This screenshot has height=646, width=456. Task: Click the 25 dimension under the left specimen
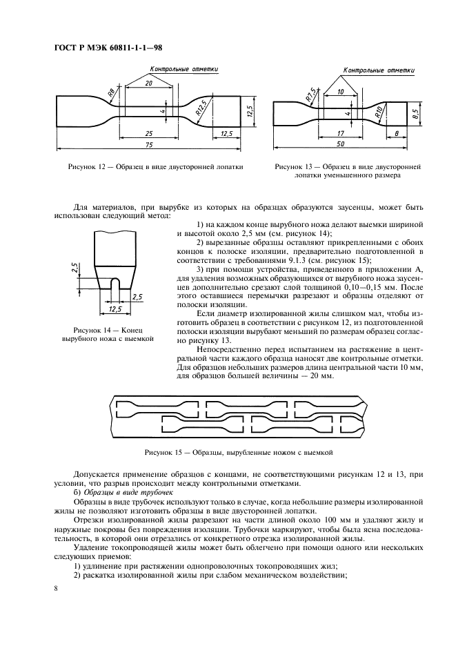148,132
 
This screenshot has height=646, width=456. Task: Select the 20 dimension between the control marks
149,82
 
